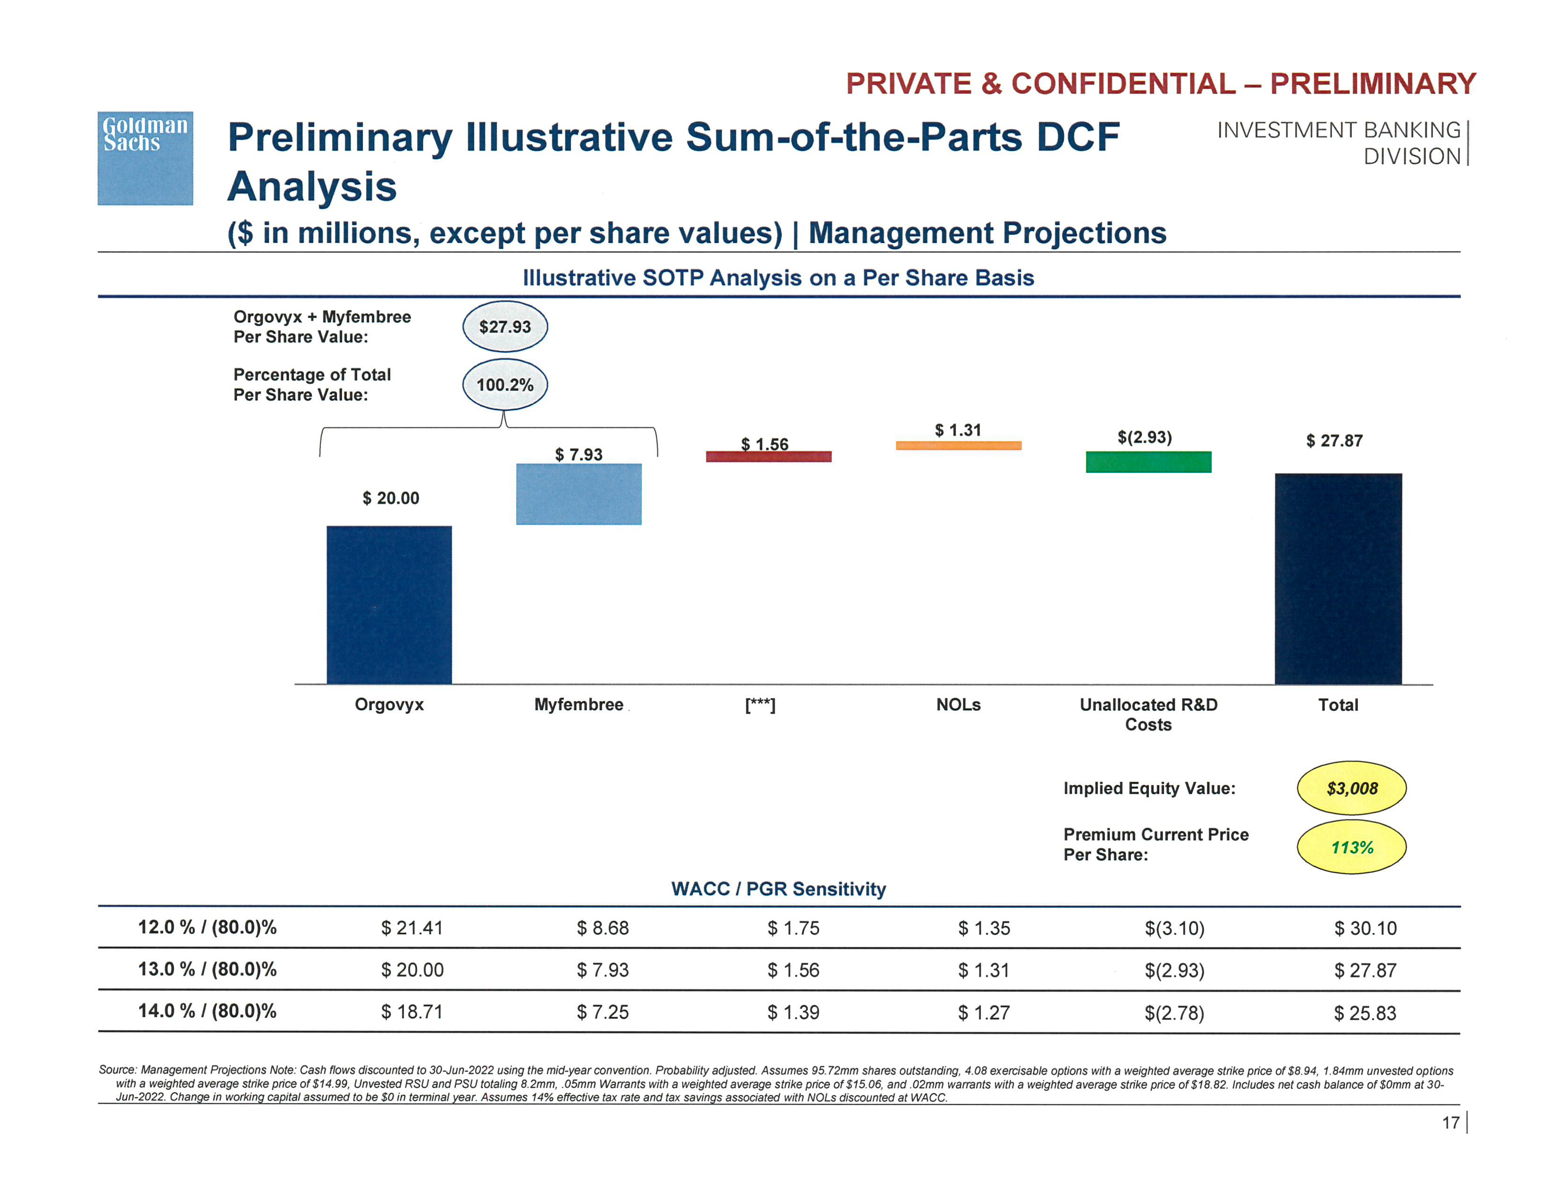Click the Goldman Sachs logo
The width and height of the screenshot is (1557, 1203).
(145, 158)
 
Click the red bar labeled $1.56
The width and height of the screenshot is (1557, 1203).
(769, 457)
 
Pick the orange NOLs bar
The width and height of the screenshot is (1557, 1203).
(958, 445)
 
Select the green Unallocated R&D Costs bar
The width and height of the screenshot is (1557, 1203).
(1148, 462)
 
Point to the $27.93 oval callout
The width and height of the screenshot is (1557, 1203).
(505, 327)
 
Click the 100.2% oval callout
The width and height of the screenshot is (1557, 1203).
(505, 385)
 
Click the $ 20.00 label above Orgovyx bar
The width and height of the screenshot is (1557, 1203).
(391, 498)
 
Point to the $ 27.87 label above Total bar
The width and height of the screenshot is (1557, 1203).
(1334, 441)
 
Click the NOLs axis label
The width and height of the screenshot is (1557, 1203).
(958, 705)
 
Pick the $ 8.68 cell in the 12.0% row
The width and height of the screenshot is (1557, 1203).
(603, 928)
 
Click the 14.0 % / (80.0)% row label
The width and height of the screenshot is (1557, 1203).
(207, 1011)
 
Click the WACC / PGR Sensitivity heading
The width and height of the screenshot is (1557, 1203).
(778, 889)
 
